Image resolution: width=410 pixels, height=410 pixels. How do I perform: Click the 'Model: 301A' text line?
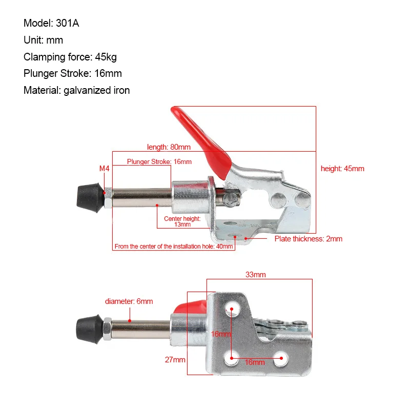(52, 23)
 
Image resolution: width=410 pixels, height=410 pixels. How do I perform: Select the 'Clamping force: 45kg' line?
(70, 57)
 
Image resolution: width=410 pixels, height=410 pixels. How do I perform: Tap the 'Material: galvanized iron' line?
(76, 91)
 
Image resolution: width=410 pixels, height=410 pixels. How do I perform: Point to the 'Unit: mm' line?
(43, 40)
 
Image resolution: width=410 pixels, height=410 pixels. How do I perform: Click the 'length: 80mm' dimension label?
(169, 147)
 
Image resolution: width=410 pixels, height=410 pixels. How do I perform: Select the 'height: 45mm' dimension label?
(342, 169)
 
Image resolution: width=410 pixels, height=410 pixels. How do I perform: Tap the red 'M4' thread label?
(104, 168)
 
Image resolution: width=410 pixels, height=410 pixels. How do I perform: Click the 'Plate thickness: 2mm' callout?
(308, 239)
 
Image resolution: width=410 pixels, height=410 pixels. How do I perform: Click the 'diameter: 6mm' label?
(129, 301)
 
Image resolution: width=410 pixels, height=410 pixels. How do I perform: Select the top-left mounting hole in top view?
(231, 309)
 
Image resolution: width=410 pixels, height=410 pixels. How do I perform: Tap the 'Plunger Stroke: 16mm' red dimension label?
(159, 162)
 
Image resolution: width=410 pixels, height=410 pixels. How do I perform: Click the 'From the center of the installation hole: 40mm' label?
(174, 247)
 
